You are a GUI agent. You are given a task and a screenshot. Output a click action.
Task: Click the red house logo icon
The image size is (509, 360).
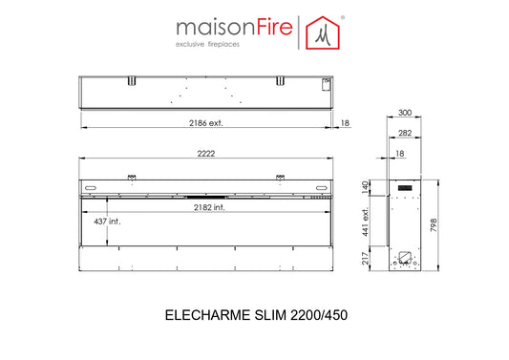point(323,32)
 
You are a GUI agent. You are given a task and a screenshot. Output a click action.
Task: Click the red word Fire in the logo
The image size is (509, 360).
point(275,27)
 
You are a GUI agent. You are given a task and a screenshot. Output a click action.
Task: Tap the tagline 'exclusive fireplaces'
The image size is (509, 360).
point(207,44)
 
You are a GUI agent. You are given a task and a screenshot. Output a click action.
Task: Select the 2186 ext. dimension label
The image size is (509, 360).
point(206,123)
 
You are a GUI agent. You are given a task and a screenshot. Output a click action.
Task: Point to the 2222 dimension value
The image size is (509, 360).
point(206,153)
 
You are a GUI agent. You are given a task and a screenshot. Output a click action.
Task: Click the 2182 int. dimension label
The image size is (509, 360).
point(209,207)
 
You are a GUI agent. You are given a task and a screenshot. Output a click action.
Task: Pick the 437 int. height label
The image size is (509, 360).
point(107,222)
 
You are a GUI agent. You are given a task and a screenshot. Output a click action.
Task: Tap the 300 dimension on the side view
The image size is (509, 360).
point(405,113)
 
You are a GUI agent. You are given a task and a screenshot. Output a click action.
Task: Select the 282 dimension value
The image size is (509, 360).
point(405,133)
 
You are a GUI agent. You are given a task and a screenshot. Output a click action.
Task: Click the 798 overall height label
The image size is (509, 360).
point(434,225)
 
